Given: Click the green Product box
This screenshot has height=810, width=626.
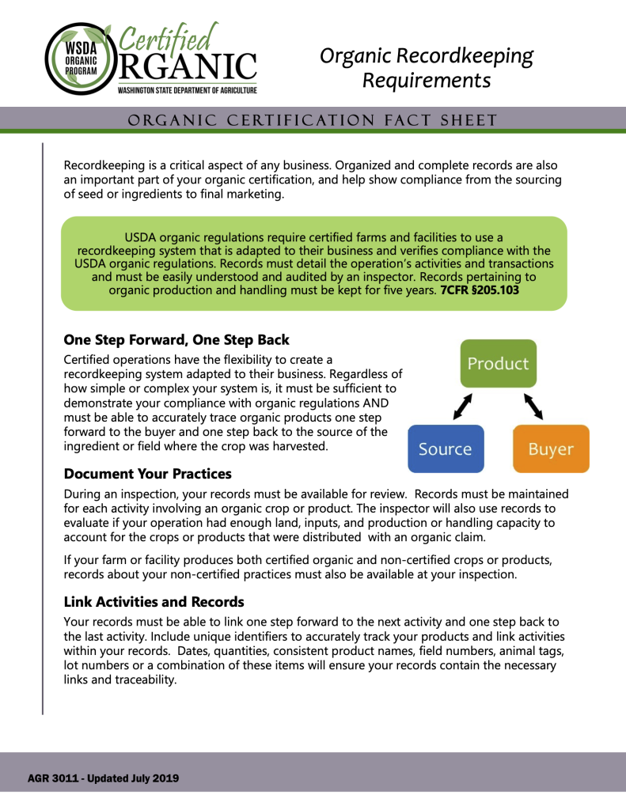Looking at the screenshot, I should coord(498,364).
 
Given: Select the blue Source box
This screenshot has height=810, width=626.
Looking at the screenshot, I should coord(445,449).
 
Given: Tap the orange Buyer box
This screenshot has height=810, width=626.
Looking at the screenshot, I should coord(551,449).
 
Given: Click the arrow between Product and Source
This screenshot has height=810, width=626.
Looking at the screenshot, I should coord(462,407).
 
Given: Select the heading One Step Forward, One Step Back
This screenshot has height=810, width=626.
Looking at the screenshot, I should coord(176,340).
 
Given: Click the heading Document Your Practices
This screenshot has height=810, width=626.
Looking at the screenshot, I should coord(147,474).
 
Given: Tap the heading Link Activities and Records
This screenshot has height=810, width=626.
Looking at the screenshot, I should coord(154,602).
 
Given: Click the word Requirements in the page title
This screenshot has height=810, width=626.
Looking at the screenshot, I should coord(427,81).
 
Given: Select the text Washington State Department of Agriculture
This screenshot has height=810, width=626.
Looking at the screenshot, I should coord(188,91).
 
